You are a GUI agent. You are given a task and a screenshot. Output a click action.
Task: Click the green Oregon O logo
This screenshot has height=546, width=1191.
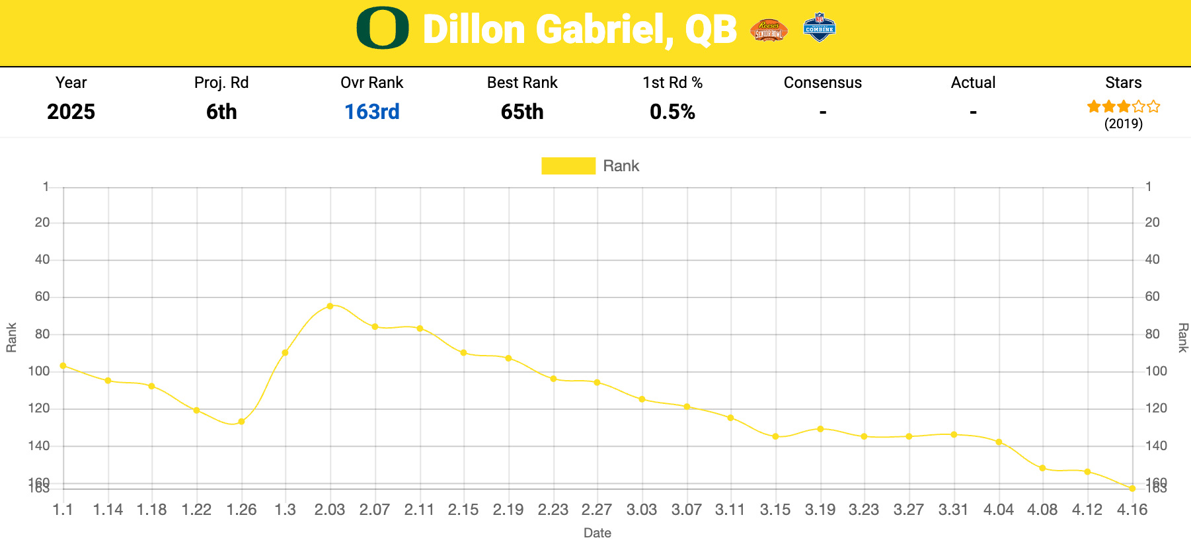point(382,28)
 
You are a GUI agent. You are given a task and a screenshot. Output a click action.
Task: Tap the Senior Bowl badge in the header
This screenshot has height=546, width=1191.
point(769,30)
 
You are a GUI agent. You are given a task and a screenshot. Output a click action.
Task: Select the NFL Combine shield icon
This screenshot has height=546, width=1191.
point(820,28)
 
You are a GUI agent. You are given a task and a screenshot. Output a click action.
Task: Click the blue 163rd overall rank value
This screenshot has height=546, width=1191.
point(371,112)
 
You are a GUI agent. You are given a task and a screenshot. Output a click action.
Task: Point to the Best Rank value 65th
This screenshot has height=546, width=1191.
point(522,112)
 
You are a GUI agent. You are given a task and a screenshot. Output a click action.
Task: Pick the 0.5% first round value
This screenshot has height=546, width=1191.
point(672,112)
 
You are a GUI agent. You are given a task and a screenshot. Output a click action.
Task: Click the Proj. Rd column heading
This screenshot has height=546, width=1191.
point(221,83)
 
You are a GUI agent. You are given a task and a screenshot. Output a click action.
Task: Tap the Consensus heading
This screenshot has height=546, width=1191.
point(822,83)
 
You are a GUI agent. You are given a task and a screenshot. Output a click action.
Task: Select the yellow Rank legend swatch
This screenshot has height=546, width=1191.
point(568,166)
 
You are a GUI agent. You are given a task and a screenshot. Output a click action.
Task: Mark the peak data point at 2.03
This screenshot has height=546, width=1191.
point(330,306)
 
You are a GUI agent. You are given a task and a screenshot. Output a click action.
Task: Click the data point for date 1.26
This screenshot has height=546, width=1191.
point(241,421)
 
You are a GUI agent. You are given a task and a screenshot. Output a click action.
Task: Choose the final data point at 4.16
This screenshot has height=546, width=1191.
point(1132,488)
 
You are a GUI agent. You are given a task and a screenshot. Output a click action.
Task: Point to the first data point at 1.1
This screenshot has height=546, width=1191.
point(63,366)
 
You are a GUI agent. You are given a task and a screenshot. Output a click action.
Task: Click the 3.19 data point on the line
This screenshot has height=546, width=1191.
point(820,429)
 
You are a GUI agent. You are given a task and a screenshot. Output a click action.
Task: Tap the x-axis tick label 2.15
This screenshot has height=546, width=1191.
point(463,510)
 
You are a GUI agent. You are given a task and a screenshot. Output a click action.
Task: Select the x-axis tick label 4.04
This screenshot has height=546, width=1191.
point(998,510)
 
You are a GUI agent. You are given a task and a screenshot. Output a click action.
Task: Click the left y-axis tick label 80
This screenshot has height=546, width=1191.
point(42,334)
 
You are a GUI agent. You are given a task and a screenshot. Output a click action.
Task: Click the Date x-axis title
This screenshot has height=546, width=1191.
point(597,533)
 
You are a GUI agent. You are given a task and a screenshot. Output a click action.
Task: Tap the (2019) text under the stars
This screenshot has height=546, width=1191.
point(1123,124)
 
